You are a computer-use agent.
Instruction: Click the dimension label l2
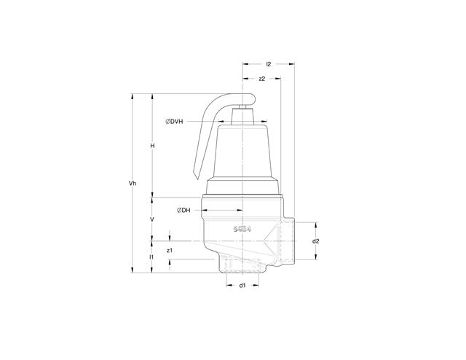(x=269, y=64)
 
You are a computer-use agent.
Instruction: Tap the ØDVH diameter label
(x=175, y=120)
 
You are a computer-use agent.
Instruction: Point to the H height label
(x=152, y=146)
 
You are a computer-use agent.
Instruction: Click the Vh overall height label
(x=133, y=183)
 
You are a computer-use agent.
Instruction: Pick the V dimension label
(x=152, y=219)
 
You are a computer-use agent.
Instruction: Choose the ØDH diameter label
(x=183, y=211)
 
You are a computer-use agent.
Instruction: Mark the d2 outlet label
(x=316, y=240)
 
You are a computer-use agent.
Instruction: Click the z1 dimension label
(x=169, y=250)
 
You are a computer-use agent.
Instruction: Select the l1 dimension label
(x=151, y=257)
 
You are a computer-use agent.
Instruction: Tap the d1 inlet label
(x=242, y=285)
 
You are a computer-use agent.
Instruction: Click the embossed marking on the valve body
(x=242, y=229)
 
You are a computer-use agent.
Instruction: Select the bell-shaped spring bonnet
(x=240, y=149)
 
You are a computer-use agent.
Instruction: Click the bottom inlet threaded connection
(x=242, y=264)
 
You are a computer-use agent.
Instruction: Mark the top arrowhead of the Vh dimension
(x=133, y=95)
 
